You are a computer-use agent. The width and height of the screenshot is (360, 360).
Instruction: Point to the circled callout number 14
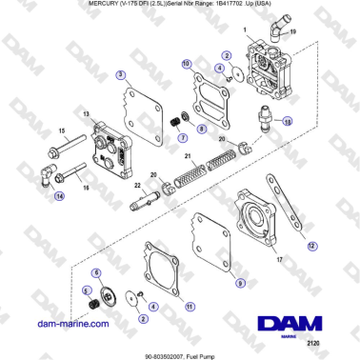(59, 197)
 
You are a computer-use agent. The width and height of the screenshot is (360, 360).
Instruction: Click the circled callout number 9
(240, 283)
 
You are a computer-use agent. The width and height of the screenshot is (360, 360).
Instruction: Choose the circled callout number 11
(190, 307)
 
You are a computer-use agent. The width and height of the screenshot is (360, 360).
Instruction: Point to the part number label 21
(188, 154)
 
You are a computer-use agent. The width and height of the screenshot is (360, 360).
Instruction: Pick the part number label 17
(279, 259)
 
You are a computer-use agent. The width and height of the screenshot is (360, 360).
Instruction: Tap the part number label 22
(136, 184)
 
